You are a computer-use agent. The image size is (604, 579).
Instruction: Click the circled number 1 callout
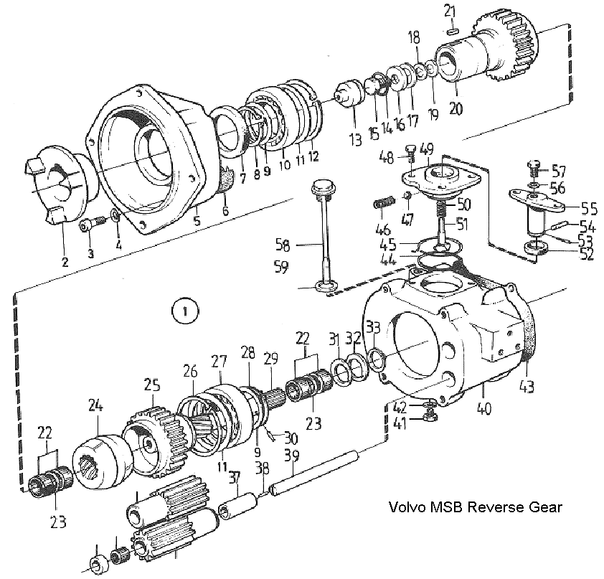[185, 311]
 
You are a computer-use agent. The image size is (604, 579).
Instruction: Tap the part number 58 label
[283, 245]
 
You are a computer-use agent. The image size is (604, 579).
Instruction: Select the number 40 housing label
[483, 408]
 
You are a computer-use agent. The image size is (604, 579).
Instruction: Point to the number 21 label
[449, 11]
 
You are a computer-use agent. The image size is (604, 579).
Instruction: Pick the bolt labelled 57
[534, 169]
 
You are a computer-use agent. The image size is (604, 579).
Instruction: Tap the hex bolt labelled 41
[430, 416]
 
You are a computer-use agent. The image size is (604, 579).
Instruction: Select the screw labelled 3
[92, 224]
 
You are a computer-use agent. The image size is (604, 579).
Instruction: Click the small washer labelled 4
[115, 215]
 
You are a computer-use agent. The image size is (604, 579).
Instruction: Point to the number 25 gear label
[153, 386]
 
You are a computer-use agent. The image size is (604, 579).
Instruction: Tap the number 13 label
[355, 140]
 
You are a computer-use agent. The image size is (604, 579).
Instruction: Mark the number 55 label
[589, 210]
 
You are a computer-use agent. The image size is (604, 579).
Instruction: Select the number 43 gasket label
[527, 387]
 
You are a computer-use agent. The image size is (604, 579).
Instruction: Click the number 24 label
[96, 405]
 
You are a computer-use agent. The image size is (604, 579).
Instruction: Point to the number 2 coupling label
[65, 263]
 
